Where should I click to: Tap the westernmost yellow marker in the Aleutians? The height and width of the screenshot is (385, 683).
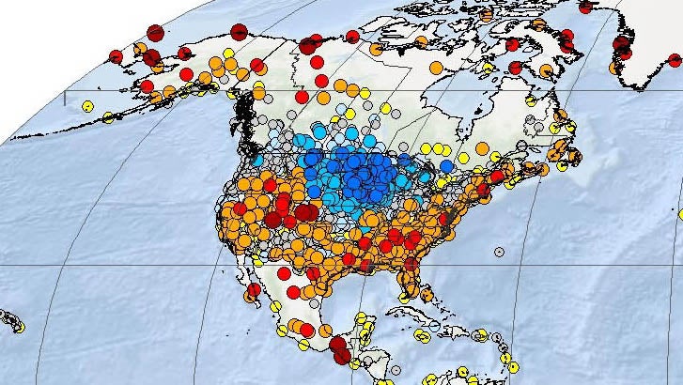click(86, 106)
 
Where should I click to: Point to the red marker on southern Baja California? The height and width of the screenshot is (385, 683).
click(292, 293)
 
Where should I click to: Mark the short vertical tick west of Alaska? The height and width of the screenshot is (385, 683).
click(65, 97)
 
